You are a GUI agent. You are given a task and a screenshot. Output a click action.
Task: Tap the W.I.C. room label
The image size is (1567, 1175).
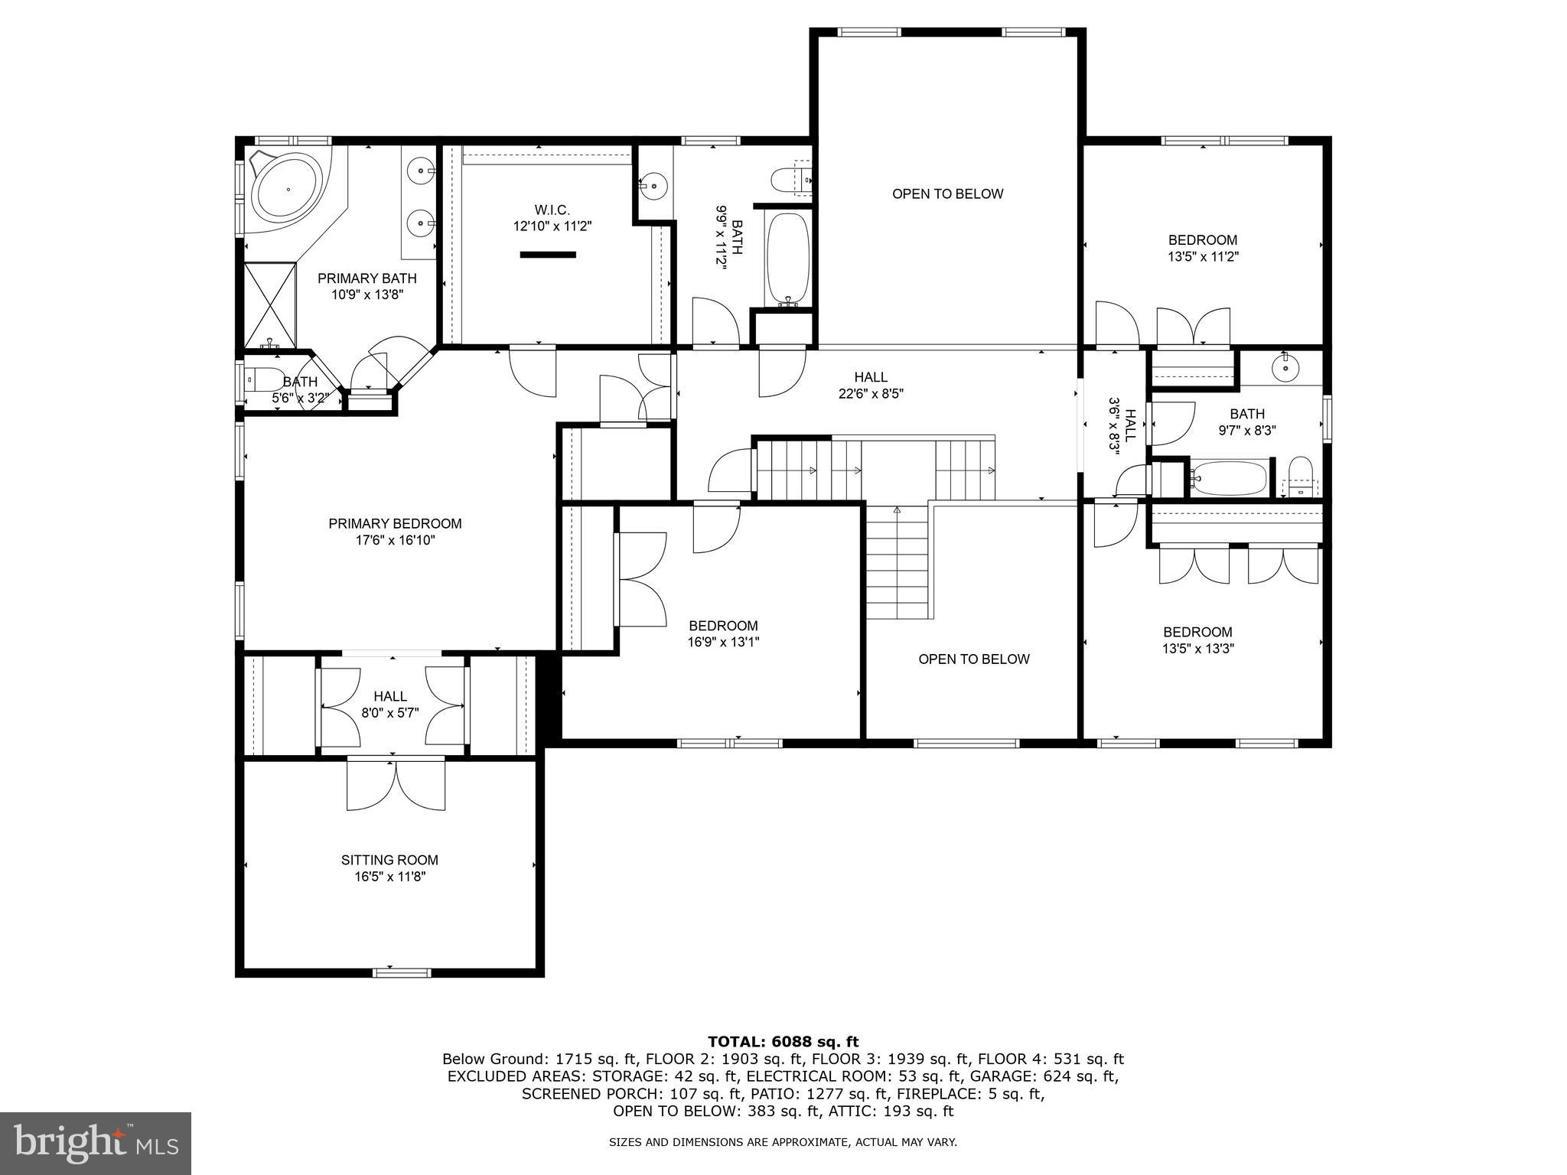[552, 210]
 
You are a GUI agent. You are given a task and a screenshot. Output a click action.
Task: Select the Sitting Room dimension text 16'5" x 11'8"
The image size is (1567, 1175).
[389, 877]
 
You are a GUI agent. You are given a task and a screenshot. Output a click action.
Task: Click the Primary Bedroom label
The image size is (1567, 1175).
[395, 524]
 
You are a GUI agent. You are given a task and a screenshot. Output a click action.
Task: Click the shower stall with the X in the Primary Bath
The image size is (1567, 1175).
[269, 304]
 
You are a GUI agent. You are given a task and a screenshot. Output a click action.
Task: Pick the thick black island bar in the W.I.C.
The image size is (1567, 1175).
[547, 255]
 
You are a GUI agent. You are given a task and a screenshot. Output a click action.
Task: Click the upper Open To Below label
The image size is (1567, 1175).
[947, 194]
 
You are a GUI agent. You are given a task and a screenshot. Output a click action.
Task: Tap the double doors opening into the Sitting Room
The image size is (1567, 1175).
[396, 784]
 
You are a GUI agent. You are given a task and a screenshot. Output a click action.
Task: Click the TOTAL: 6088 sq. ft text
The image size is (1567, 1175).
[783, 1042]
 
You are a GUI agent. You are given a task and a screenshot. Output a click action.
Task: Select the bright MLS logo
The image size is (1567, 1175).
[96, 1143]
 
